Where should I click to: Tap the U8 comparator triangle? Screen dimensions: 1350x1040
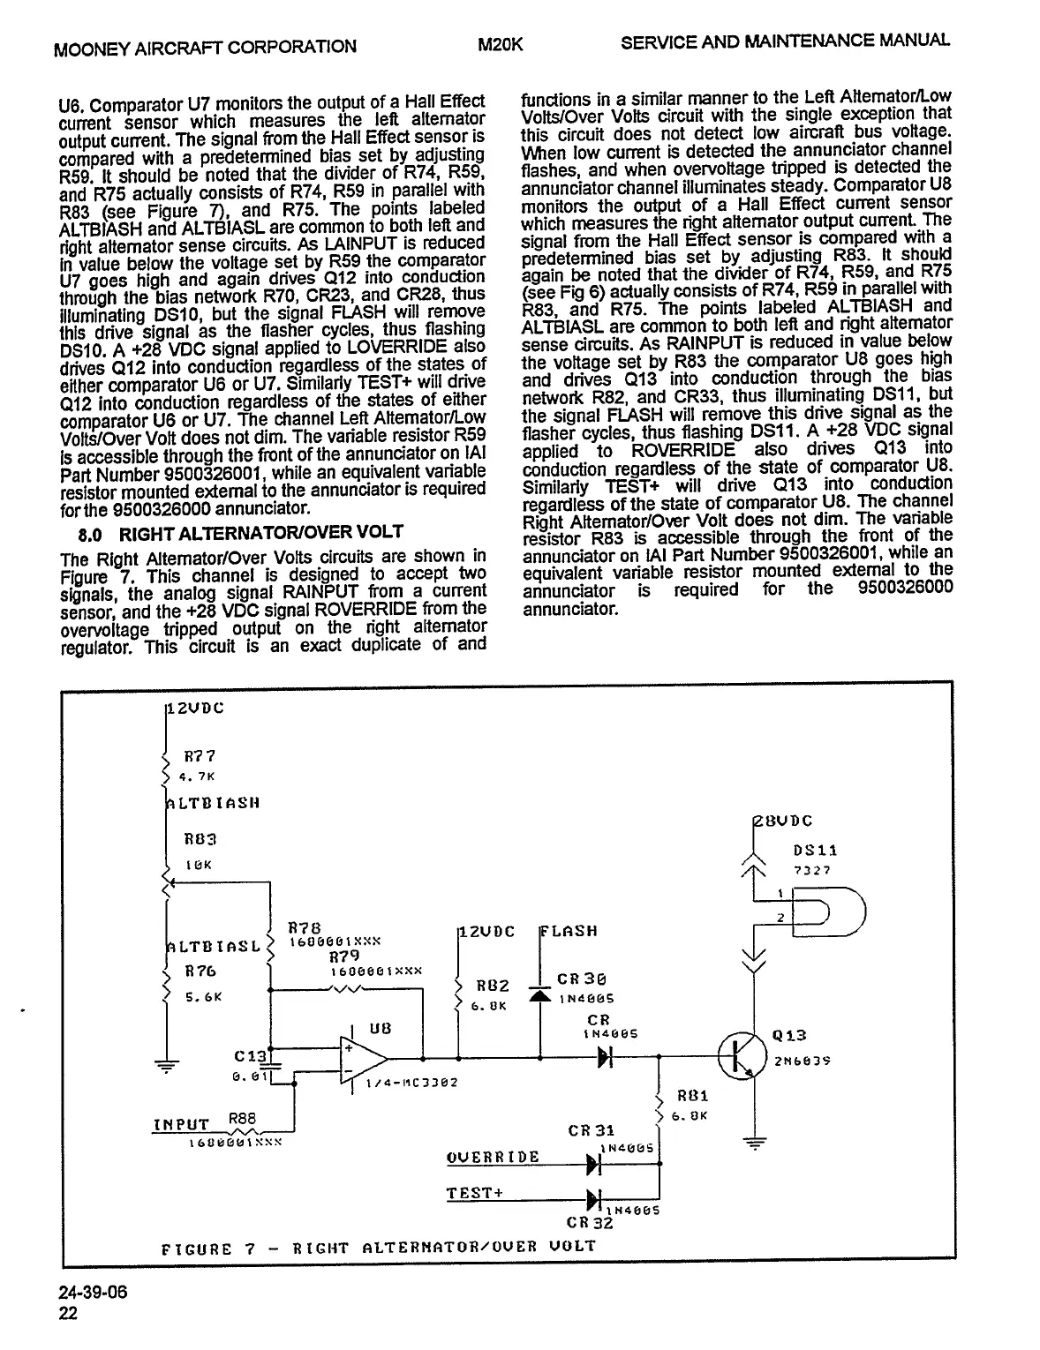tap(365, 1058)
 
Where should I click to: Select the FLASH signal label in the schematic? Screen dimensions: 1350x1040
tap(569, 932)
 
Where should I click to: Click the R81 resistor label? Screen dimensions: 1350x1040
tap(692, 1097)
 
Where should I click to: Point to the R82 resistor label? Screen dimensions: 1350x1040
tap(493, 986)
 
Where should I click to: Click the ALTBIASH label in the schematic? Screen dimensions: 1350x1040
tap(212, 804)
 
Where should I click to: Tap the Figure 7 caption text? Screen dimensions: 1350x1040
tap(379, 1248)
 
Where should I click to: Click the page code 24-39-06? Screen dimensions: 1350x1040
tap(93, 1293)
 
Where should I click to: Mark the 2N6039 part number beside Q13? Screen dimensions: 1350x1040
tap(803, 1061)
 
